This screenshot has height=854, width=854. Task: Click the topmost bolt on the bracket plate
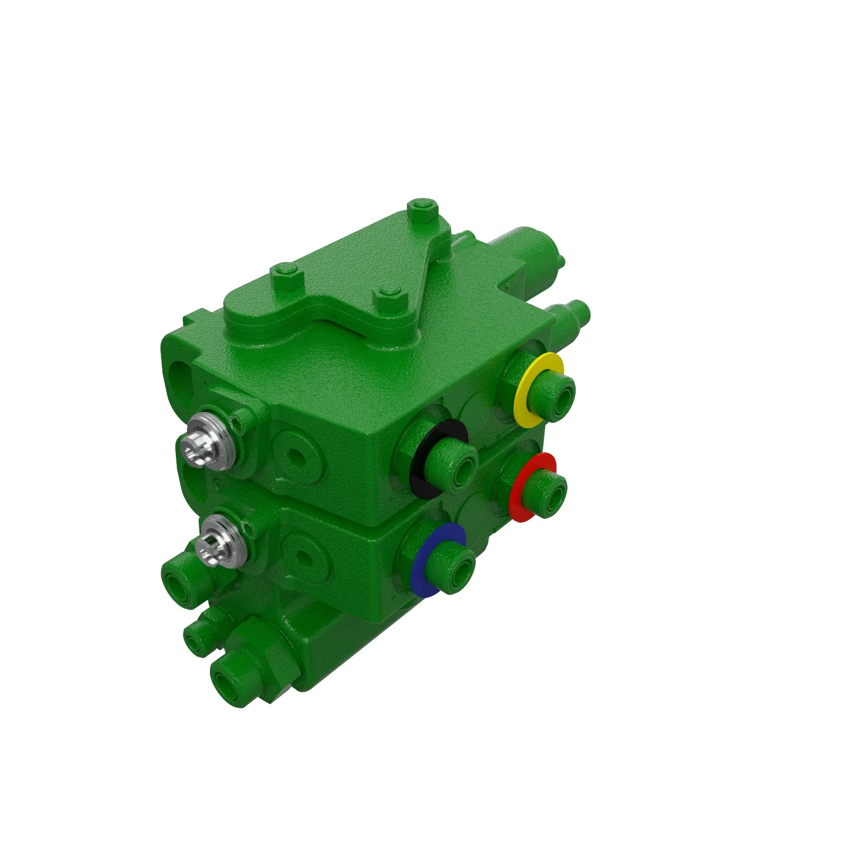pos(423,211)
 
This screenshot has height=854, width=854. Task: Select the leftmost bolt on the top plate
pos(287,275)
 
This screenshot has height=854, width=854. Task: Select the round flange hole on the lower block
pos(303,558)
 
